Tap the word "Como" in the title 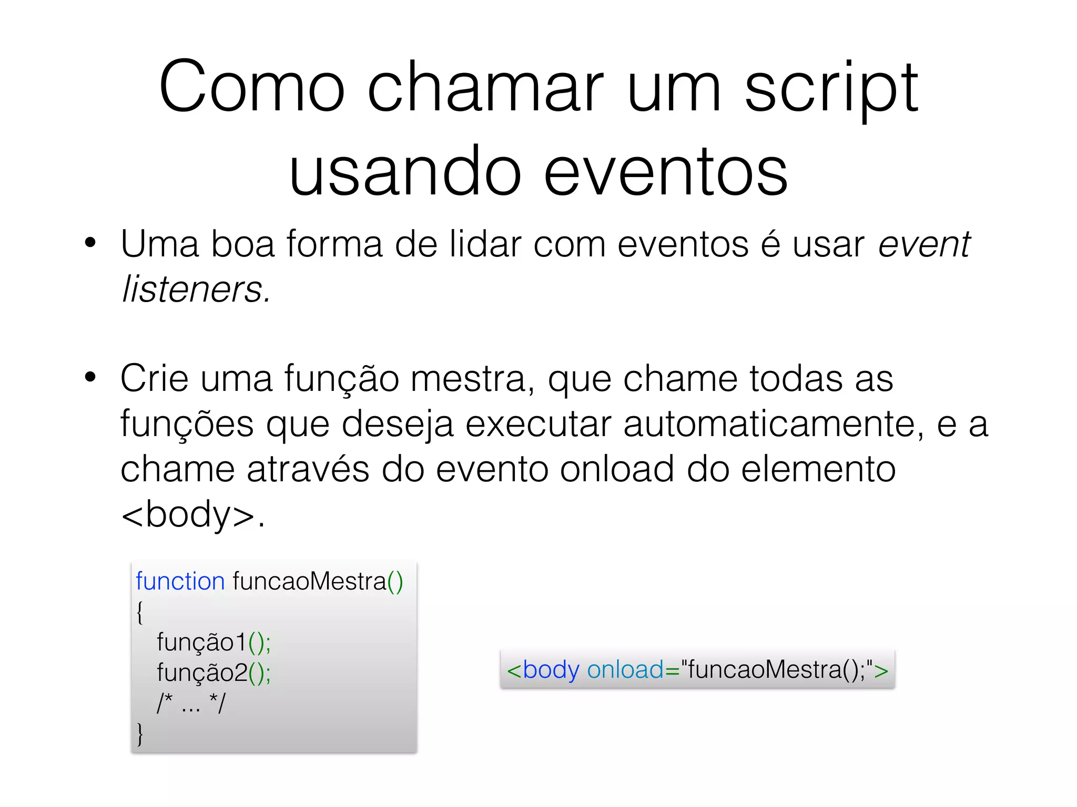pyautogui.click(x=251, y=87)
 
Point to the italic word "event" pyautogui.click(x=923, y=245)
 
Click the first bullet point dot pyautogui.click(x=90, y=243)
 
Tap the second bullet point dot pyautogui.click(x=90, y=377)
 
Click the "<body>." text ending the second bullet pyautogui.click(x=192, y=514)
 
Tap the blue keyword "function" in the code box pyautogui.click(x=180, y=582)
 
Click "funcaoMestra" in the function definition pyautogui.click(x=309, y=582)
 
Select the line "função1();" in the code pyautogui.click(x=214, y=642)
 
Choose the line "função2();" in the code pyautogui.click(x=214, y=672)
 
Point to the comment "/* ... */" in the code pyautogui.click(x=191, y=703)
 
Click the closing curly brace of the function pyautogui.click(x=139, y=733)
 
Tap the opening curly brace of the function pyautogui.click(x=139, y=613)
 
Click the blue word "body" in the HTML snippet pyautogui.click(x=551, y=670)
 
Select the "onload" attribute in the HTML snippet pyautogui.click(x=625, y=670)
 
